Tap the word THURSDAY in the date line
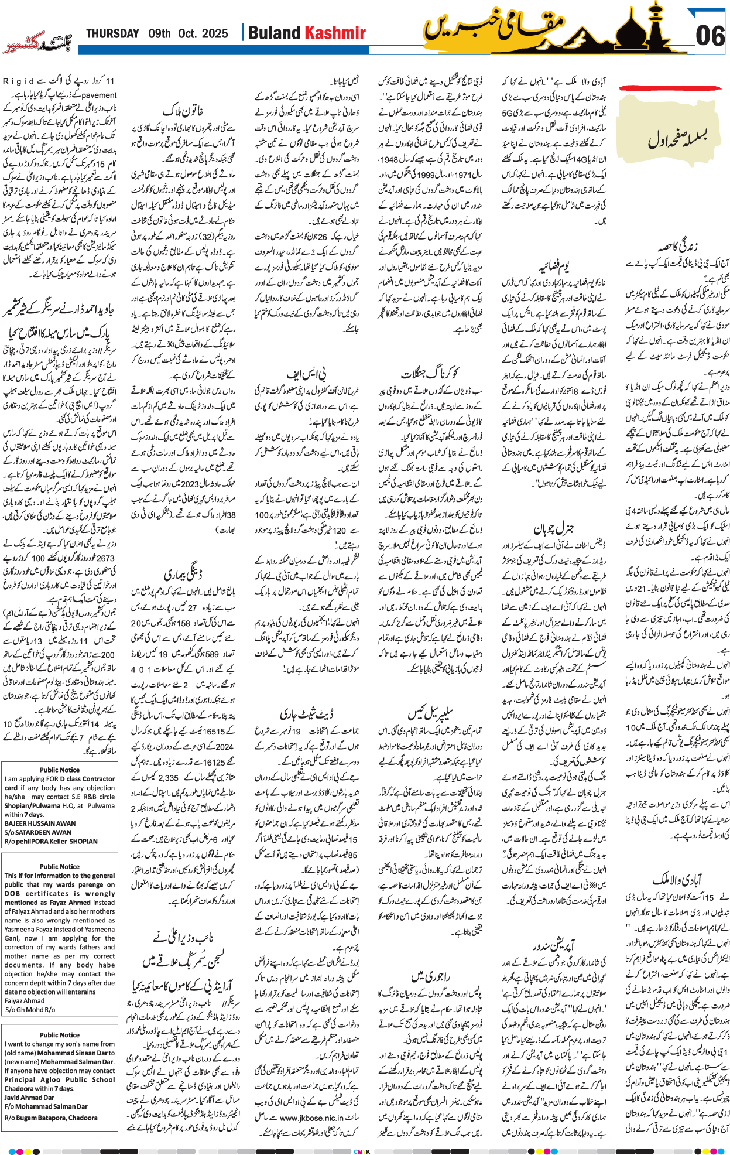[x=112, y=34]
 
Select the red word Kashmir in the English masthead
[x=336, y=33]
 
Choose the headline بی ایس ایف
[x=306, y=373]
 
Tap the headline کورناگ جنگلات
[x=429, y=373]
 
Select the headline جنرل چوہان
[x=553, y=528]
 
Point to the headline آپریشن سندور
[x=554, y=945]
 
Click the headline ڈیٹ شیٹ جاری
[x=306, y=714]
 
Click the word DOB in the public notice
[x=12, y=893]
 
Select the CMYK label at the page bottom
[x=362, y=1151]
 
